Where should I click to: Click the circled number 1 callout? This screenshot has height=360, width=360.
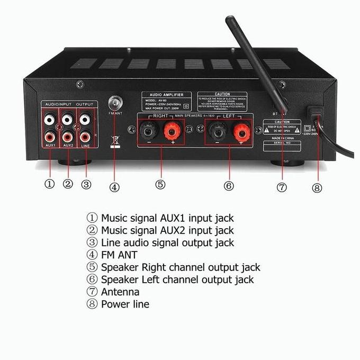[49, 184]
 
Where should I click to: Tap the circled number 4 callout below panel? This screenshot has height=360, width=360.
[114, 186]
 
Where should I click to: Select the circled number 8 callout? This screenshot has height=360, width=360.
[317, 187]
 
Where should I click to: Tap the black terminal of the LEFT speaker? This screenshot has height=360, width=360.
[214, 130]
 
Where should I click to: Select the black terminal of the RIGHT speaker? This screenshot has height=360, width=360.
[146, 130]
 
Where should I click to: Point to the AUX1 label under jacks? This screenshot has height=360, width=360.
[50, 145]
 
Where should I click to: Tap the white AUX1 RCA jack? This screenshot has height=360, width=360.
[50, 120]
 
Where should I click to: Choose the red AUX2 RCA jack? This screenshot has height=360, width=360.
[68, 135]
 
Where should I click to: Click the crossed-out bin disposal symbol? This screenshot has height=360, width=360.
[113, 140]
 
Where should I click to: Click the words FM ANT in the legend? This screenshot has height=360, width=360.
[120, 255]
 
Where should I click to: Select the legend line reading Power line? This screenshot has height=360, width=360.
[125, 304]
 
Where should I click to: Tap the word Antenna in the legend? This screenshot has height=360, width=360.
[120, 292]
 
